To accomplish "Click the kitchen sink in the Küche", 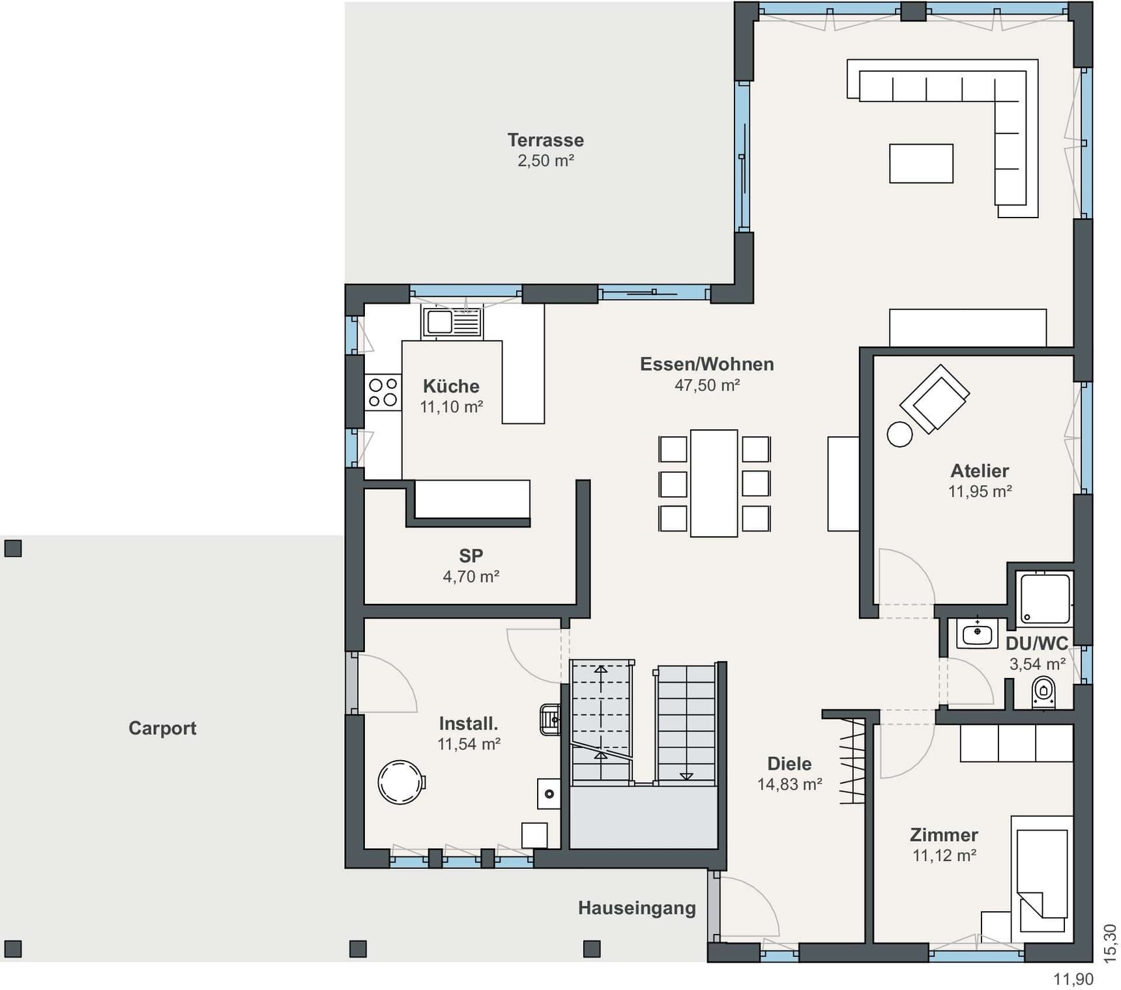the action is click(452, 322).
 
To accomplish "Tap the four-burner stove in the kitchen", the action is click(383, 392).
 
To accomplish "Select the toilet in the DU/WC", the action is click(1043, 693).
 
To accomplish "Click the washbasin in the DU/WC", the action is click(977, 632).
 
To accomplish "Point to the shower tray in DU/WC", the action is click(1045, 598).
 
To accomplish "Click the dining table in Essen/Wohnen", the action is click(714, 483).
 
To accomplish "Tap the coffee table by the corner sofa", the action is click(921, 163).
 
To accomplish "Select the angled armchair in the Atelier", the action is click(935, 399).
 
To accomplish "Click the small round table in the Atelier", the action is click(900, 434).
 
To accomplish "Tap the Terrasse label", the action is click(546, 140).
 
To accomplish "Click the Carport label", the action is click(162, 728).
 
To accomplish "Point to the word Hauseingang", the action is click(637, 908).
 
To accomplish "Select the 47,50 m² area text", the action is click(707, 385).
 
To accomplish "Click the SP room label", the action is click(471, 556).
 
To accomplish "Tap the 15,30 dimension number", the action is click(1109, 942).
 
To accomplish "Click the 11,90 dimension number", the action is click(1073, 979).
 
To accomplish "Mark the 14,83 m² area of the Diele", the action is click(789, 784).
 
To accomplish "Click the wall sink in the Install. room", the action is click(550, 720).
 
